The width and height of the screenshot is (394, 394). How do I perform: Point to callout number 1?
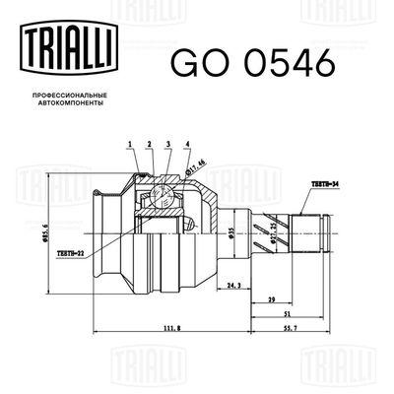pyautogui.click(x=129, y=145)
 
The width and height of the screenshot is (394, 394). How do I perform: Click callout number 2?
pyautogui.click(x=149, y=145)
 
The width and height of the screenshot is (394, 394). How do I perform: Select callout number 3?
pyautogui.click(x=168, y=145)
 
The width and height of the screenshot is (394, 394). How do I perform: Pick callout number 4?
pyautogui.click(x=187, y=145)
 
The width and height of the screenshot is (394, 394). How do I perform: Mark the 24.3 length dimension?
pyautogui.click(x=233, y=287)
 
